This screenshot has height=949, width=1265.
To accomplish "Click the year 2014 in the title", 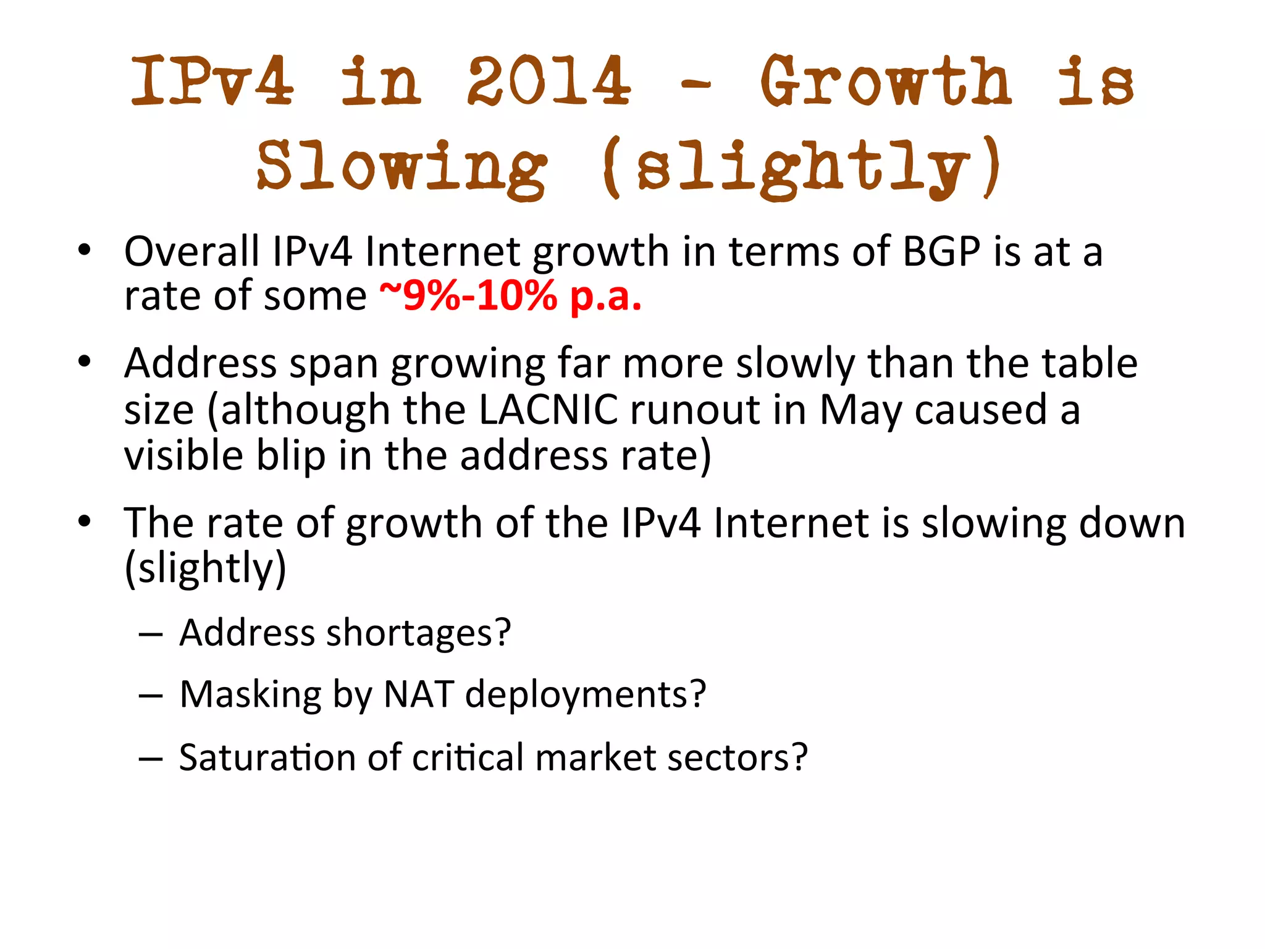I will click(x=549, y=81).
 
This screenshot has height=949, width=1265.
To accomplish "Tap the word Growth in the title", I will click(x=885, y=81).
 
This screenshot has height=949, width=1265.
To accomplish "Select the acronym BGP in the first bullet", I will click(x=941, y=252).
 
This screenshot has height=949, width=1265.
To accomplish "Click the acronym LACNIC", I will click(x=548, y=410).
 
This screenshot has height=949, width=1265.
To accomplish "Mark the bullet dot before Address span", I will click(x=85, y=361).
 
